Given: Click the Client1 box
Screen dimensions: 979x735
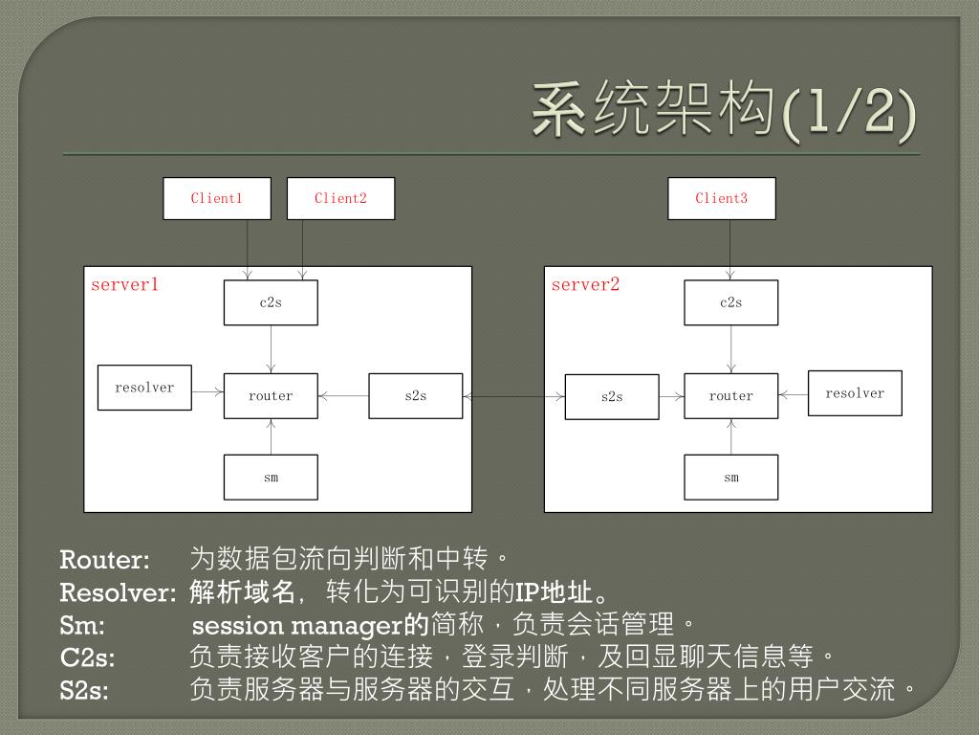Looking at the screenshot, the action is [x=217, y=198].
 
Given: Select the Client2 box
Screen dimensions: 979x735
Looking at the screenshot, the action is [x=340, y=198].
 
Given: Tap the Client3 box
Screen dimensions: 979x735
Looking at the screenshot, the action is [x=722, y=198].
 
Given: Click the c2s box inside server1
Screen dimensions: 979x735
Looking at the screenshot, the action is [x=271, y=302].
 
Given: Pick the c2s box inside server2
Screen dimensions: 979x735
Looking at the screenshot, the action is [x=731, y=302].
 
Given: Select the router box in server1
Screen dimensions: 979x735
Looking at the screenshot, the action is [x=271, y=395].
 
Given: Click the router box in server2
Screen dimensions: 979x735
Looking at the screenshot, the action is [x=731, y=395].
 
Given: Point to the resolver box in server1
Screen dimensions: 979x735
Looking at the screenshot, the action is [x=144, y=388].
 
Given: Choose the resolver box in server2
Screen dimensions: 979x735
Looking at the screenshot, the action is [x=855, y=393].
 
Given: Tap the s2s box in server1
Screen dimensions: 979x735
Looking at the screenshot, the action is [x=416, y=395].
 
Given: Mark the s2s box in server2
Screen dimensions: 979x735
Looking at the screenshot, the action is [x=612, y=396].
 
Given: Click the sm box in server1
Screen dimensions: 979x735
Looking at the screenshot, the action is [x=271, y=477].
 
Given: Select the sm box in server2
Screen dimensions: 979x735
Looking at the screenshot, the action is [x=731, y=477].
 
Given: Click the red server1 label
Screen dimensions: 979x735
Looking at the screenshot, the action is [x=124, y=284].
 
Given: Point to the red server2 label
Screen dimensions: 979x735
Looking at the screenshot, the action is [x=585, y=284].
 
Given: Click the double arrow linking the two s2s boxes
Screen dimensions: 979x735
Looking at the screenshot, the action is [x=513, y=395].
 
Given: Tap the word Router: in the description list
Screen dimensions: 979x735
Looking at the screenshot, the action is [x=105, y=559].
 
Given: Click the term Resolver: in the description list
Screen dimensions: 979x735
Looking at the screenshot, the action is [x=118, y=592].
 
